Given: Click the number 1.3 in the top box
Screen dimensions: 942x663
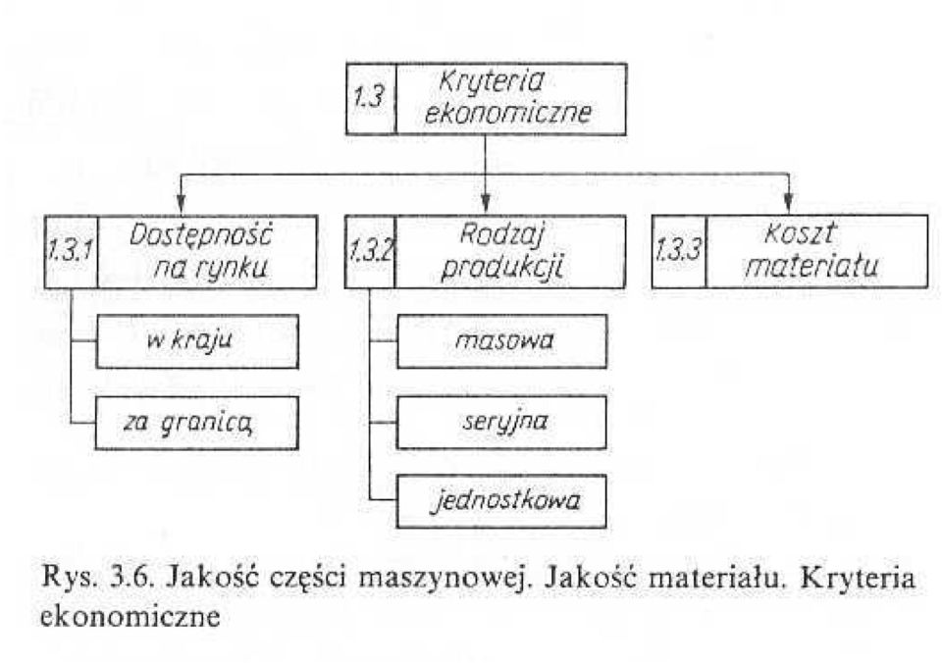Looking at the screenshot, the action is [x=368, y=97].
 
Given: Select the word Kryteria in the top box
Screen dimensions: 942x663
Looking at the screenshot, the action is [x=491, y=82].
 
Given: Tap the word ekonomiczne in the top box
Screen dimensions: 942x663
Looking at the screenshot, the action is [x=507, y=113].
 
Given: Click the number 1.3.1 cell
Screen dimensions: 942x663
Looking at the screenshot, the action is [x=71, y=252].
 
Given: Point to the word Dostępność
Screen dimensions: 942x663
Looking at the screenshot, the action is [x=200, y=234].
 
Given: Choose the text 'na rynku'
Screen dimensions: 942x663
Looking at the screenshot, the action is [x=210, y=269].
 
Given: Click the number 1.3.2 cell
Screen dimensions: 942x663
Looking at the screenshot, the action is [x=370, y=252].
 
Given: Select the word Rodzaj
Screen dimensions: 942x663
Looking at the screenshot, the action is [x=501, y=234].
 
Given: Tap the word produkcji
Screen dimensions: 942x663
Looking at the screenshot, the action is [x=501, y=268].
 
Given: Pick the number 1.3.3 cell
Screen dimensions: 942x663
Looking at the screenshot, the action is [x=679, y=251].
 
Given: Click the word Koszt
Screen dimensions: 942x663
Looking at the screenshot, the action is [x=800, y=233].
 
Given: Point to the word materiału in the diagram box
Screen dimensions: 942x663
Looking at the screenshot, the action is [x=811, y=266].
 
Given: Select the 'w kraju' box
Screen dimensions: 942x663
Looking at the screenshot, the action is [x=197, y=341].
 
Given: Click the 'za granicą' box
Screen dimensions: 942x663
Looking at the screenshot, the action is [x=196, y=423].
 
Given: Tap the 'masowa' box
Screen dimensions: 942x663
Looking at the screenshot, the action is [x=501, y=341].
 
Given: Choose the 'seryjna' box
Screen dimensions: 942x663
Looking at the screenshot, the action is [x=501, y=422].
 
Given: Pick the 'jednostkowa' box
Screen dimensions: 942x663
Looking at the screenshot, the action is [x=501, y=501].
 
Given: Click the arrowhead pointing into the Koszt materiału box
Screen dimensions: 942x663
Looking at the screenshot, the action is [x=789, y=204].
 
